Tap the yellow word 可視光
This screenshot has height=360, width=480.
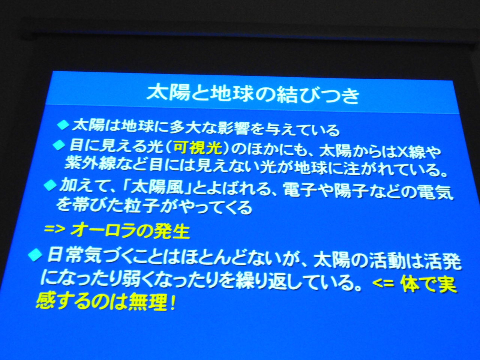pos(198,148)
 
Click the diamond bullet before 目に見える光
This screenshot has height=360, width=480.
pos(59,145)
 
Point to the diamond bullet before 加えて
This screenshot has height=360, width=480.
pos(50,186)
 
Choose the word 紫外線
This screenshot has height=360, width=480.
pos(90,163)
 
